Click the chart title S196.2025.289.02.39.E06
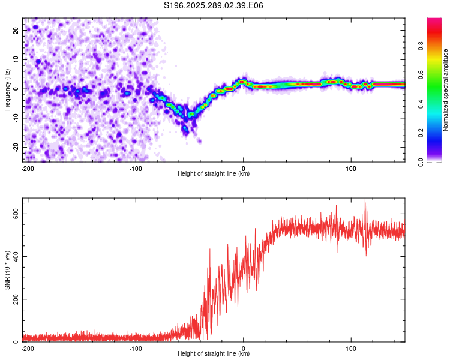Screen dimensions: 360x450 [x=214, y=5]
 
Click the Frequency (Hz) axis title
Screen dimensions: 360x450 [x=8, y=89]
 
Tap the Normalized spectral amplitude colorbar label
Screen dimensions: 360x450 [x=446, y=90]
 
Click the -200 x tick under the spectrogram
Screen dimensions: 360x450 [x=27, y=169]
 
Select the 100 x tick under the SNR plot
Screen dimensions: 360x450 [x=352, y=348]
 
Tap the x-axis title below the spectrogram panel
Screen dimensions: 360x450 [x=214, y=174]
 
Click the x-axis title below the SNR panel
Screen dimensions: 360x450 [x=214, y=354]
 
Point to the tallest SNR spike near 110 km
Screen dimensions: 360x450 [x=365, y=200]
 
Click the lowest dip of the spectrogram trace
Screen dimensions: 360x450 [x=185, y=129]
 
